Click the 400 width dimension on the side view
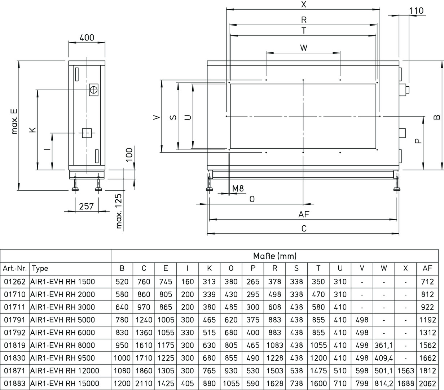click(x=87, y=37)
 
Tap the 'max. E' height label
click(x=14, y=121)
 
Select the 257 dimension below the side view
click(x=86, y=206)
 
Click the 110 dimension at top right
click(x=416, y=11)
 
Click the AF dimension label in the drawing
click(x=304, y=214)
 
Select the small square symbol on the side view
click(x=87, y=133)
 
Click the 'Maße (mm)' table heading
click(x=275, y=256)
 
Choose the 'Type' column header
click(x=40, y=268)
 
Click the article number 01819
click(x=15, y=345)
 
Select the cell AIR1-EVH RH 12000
click(x=65, y=370)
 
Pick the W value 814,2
click(x=383, y=383)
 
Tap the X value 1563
click(x=405, y=370)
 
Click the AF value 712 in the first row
click(x=427, y=281)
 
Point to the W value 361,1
click(x=383, y=345)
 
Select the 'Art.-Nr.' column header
click(x=15, y=268)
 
